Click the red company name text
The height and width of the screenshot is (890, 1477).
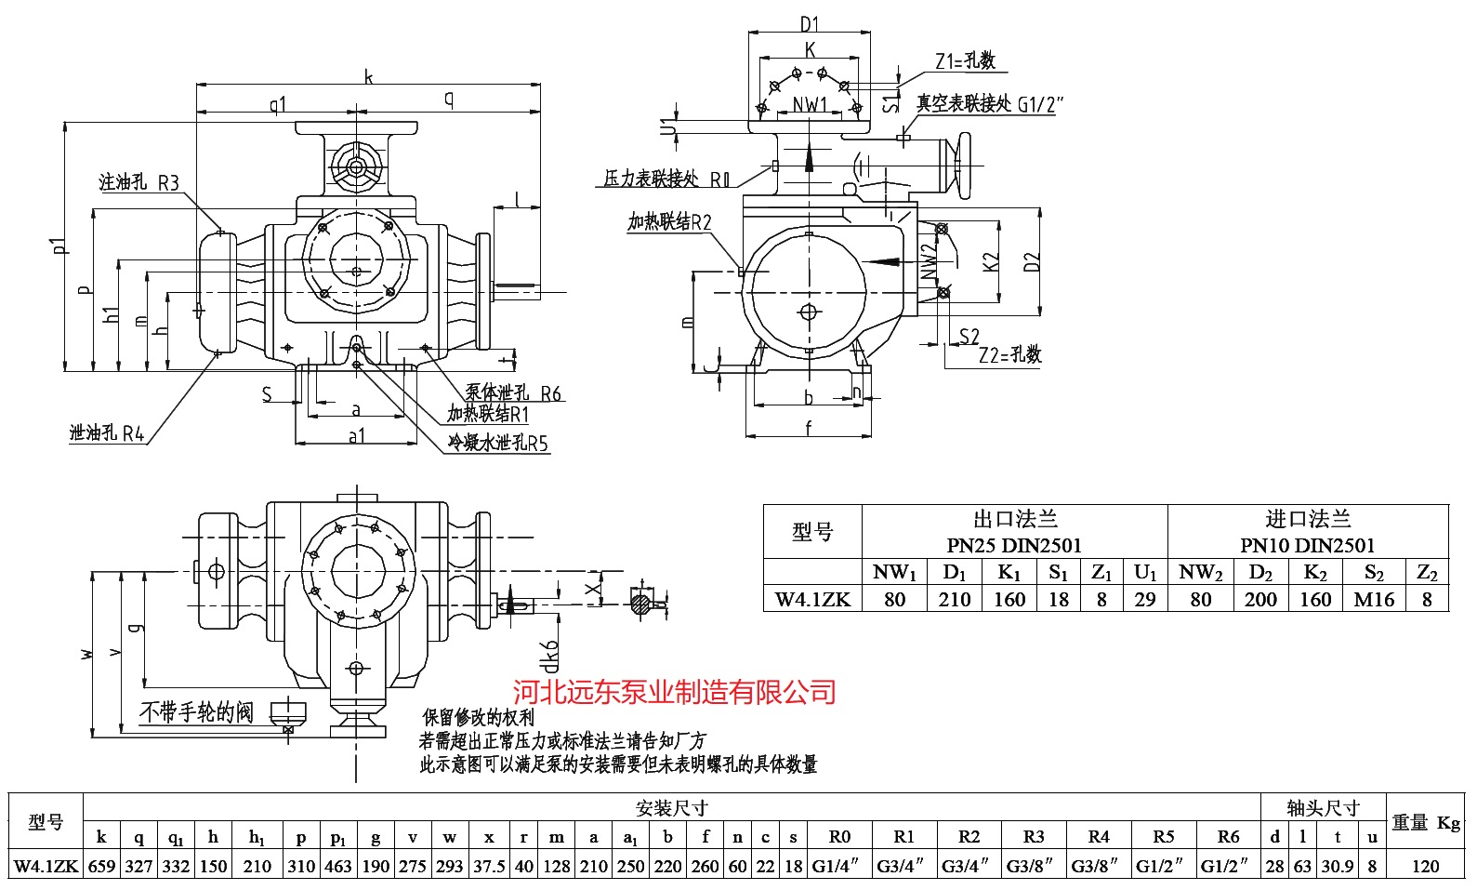click(x=675, y=692)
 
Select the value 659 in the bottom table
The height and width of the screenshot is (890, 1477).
click(x=101, y=866)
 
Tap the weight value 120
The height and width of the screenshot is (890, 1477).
click(x=1425, y=866)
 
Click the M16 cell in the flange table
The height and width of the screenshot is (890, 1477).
click(x=1374, y=600)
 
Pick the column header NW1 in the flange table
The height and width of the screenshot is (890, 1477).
click(x=894, y=572)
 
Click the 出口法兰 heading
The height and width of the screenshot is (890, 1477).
click(x=1014, y=519)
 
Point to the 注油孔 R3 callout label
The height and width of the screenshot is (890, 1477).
click(x=138, y=182)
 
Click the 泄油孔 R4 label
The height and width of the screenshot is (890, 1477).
click(x=107, y=433)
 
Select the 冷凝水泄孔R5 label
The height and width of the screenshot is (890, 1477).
click(x=498, y=444)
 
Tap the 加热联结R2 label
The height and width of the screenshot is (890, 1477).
click(x=669, y=222)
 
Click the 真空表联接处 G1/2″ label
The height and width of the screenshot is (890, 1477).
click(x=989, y=103)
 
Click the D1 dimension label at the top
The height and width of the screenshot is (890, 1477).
click(x=810, y=23)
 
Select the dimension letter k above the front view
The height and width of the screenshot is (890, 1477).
click(x=368, y=77)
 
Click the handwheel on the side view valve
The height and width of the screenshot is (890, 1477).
click(x=961, y=166)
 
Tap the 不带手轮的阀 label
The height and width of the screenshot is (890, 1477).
click(x=196, y=712)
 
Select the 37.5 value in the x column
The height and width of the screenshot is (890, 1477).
click(x=489, y=866)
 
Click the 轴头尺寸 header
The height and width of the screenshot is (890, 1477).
click(x=1323, y=807)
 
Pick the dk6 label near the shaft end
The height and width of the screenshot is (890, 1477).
click(x=551, y=655)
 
